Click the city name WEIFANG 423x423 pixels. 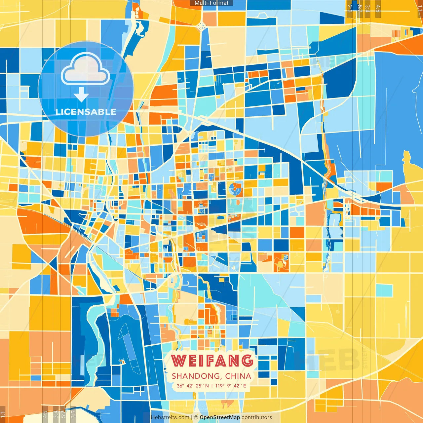(x=212, y=361)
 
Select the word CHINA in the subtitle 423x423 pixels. (x=238, y=376)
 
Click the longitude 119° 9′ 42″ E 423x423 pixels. (x=231, y=386)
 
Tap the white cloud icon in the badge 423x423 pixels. (x=86, y=69)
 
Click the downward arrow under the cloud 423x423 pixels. (x=81, y=95)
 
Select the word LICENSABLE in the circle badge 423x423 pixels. (x=86, y=112)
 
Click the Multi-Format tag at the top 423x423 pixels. (x=211, y=3)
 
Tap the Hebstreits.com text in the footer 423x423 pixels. (x=170, y=417)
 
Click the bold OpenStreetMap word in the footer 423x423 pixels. (x=219, y=417)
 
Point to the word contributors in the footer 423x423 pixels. (x=257, y=417)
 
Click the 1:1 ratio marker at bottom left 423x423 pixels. (x=3, y=414)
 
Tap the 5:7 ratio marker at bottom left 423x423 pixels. (x=63, y=414)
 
